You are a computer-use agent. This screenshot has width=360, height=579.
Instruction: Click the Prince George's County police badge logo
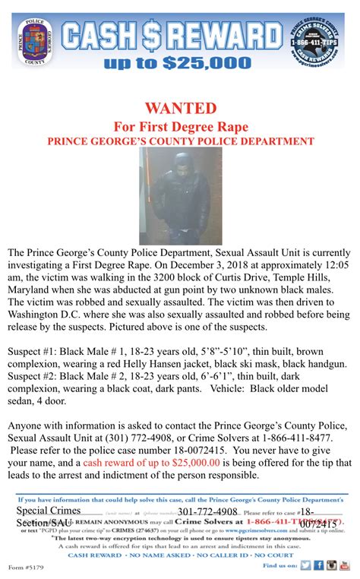tap(34, 40)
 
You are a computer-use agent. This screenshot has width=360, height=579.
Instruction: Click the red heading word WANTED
tap(179, 107)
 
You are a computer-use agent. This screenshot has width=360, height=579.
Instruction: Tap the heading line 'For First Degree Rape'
tap(180, 125)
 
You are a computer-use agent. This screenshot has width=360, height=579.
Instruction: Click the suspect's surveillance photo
tap(180, 195)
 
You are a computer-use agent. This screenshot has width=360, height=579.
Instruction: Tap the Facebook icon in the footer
tap(318, 565)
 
